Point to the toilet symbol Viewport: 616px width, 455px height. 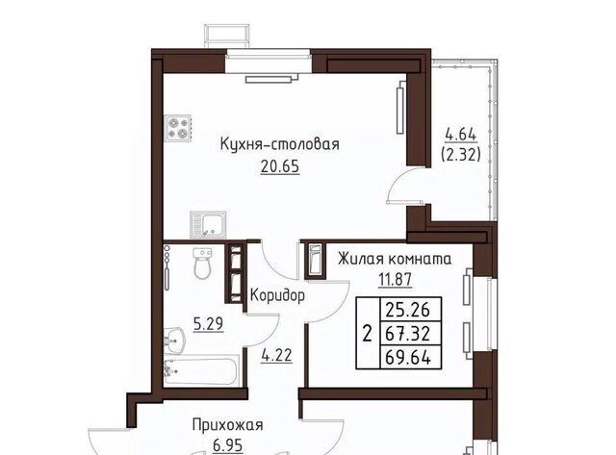pyautogui.click(x=201, y=262)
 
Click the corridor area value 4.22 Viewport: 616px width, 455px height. pyautogui.click(x=276, y=351)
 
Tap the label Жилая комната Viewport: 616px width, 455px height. pyautogui.click(x=394, y=259)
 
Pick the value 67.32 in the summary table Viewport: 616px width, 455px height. pyautogui.click(x=406, y=333)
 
